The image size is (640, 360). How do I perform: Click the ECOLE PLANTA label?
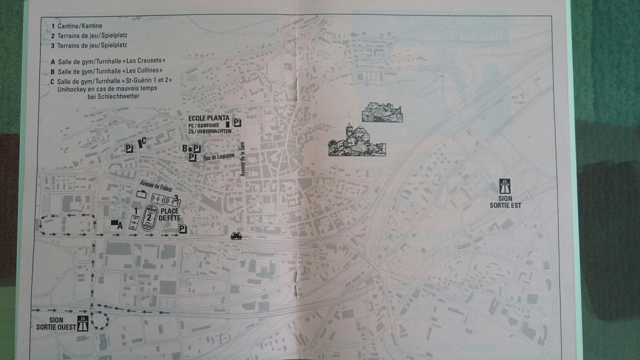tap(208, 119)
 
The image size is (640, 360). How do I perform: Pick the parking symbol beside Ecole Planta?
tap(237, 122)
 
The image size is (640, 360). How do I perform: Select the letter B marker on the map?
tap(186, 148)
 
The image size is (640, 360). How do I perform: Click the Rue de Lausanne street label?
tap(219, 157)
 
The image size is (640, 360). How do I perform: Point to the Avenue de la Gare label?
tap(245, 159)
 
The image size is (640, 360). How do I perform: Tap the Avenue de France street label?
tap(155, 185)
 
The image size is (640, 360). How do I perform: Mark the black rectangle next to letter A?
tap(114, 222)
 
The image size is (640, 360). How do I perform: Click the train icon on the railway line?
tap(237, 235)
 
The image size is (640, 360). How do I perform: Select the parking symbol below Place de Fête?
tap(182, 229)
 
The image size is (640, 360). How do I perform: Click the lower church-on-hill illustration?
tap(356, 141)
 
